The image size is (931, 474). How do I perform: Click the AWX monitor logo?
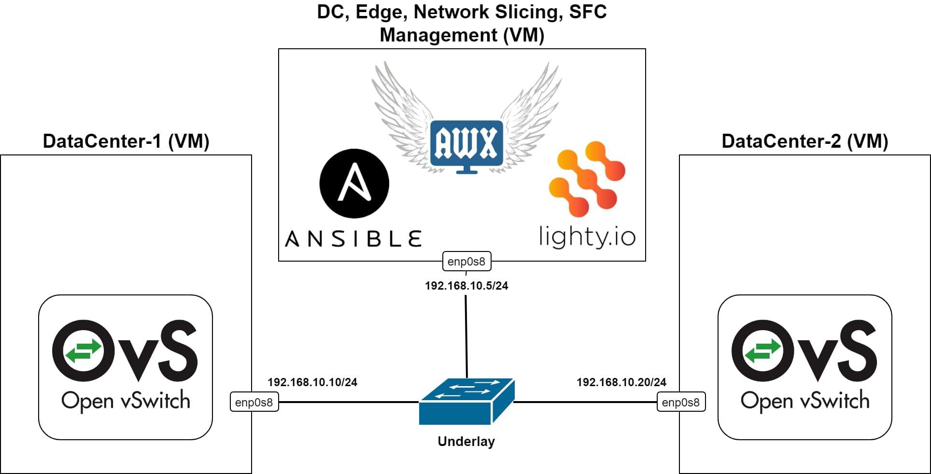pyautogui.click(x=466, y=145)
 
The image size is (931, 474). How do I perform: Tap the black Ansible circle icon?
pyautogui.click(x=354, y=183)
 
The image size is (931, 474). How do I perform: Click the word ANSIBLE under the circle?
pyautogui.click(x=353, y=239)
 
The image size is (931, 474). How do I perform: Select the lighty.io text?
pyautogui.click(x=587, y=237)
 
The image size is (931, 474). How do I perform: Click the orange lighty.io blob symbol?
pyautogui.click(x=587, y=178)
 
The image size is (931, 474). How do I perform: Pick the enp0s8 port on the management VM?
pyautogui.click(x=466, y=262)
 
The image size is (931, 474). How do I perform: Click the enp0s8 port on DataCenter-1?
pyautogui.click(x=254, y=402)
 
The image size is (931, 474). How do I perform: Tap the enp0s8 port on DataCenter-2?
pyautogui.click(x=681, y=402)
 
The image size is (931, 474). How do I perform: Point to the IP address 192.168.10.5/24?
pyautogui.click(x=466, y=286)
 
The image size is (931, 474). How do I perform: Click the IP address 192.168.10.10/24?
pyautogui.click(x=312, y=382)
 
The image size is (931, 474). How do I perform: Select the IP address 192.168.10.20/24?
pyautogui.click(x=621, y=382)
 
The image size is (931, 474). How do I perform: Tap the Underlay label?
pyautogui.click(x=466, y=441)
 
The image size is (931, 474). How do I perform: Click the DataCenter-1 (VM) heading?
pyautogui.click(x=126, y=141)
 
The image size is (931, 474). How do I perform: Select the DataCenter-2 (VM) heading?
pyautogui.click(x=805, y=141)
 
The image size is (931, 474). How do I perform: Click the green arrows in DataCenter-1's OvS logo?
pyautogui.click(x=84, y=350)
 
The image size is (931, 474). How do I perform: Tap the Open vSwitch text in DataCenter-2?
pyautogui.click(x=805, y=401)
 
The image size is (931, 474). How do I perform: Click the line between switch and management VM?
pyautogui.click(x=466, y=338)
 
